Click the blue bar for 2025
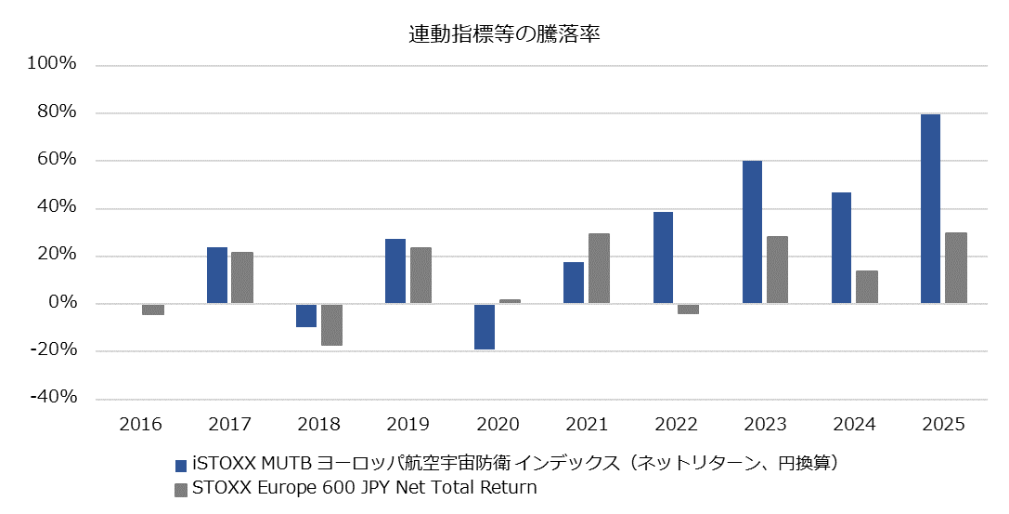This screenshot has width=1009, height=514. tap(930, 208)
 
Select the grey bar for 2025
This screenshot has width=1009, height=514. tap(956, 268)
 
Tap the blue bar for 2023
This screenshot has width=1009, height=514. tap(752, 232)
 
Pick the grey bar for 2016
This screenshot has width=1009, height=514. tap(153, 310)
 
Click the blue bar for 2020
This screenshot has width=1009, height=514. tap(485, 326)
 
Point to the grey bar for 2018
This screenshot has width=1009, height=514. tap(331, 324)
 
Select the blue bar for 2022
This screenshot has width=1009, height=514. tap(663, 257)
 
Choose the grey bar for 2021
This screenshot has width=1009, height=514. tap(599, 269)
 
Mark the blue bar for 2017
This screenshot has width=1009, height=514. tap(217, 275)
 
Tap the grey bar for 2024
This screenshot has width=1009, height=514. tap(866, 287)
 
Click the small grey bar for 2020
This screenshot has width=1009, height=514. tap(510, 301)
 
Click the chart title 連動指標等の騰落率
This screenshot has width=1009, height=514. tap(504, 34)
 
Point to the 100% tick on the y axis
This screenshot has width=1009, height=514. tap(53, 65)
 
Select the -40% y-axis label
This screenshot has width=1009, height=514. tap(53, 398)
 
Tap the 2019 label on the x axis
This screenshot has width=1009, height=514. tap(407, 424)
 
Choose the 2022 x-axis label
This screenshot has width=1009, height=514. tap(676, 424)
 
